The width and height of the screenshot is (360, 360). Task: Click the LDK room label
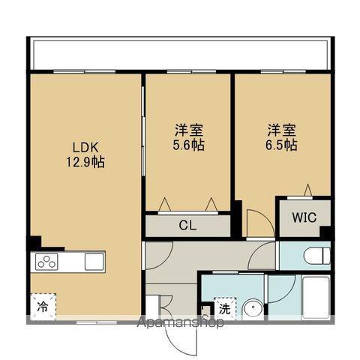[x=84, y=146]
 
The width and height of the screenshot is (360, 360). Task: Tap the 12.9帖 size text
[x=84, y=160]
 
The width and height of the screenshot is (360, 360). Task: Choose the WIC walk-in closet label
[x=304, y=218]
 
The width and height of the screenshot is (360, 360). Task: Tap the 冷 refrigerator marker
[x=43, y=306]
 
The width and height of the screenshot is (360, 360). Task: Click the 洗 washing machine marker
[x=224, y=307]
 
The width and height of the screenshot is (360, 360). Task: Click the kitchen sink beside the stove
[x=94, y=261]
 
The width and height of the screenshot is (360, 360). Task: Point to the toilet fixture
[x=315, y=255]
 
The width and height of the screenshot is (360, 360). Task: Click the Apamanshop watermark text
[x=181, y=324]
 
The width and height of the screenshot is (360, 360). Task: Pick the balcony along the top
[x=180, y=53]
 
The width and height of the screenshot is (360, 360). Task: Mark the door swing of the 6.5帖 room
[x=259, y=223]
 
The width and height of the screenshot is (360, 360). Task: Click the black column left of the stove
[x=34, y=243]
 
